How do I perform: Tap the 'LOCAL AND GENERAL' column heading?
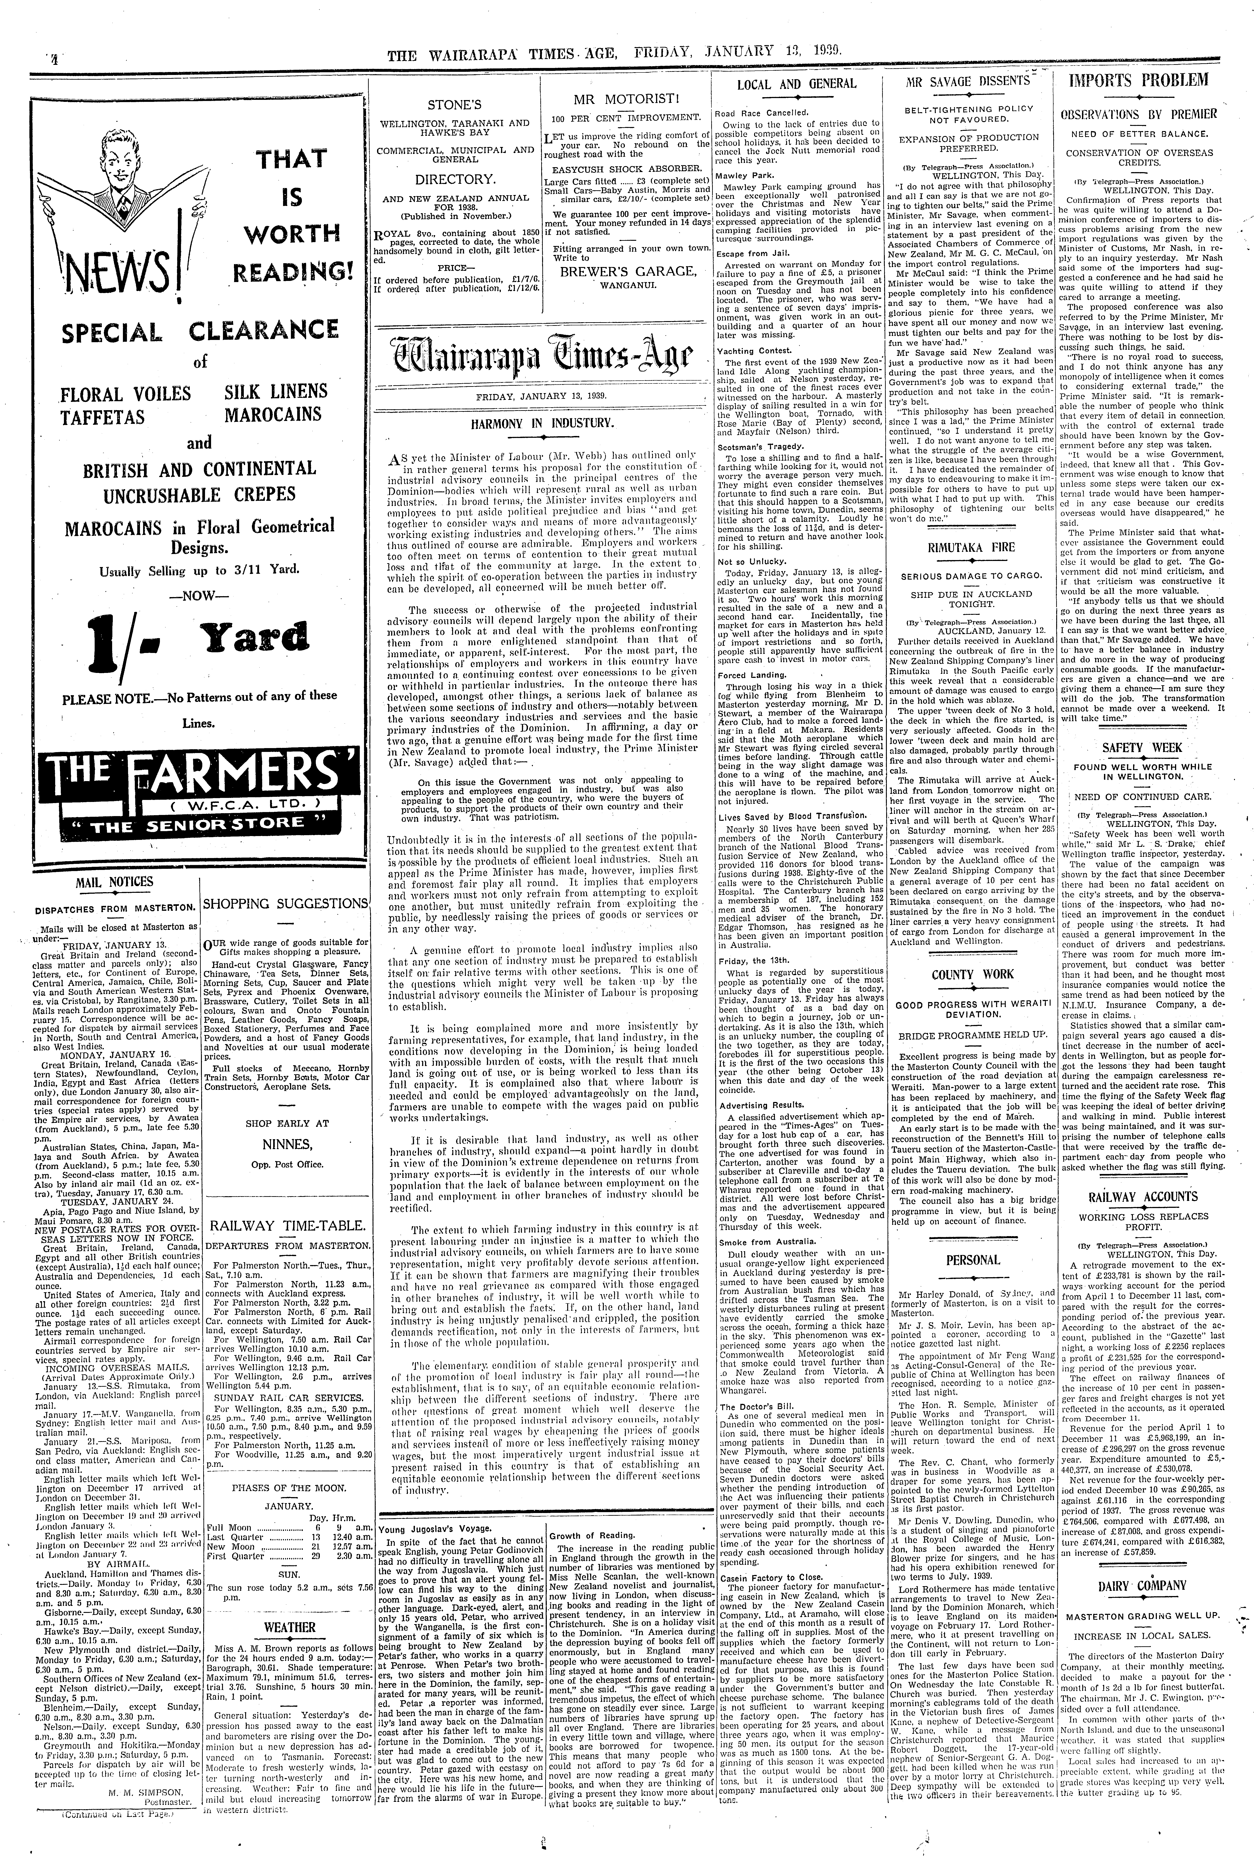tap(796, 83)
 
